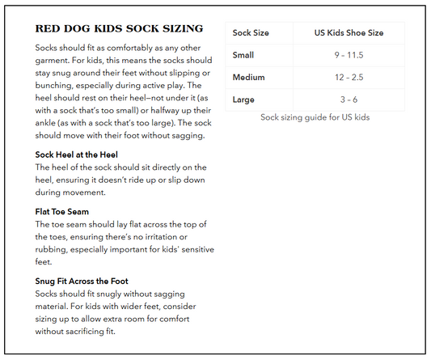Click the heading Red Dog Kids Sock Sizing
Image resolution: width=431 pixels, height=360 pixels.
tap(119, 28)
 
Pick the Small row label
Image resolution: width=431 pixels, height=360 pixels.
tap(243, 55)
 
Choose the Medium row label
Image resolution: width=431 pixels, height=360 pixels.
tap(248, 77)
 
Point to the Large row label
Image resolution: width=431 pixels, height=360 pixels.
tap(243, 99)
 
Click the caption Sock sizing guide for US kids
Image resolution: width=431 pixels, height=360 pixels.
tap(315, 117)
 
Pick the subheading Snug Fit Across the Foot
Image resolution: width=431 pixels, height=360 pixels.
tap(89, 281)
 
